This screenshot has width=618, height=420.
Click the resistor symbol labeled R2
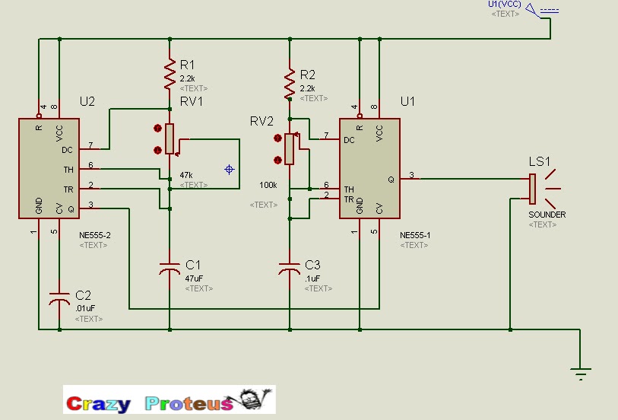click(290, 83)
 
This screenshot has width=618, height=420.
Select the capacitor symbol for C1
click(169, 268)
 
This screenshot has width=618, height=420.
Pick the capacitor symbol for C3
click(290, 269)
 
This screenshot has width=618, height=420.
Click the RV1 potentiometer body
click(170, 138)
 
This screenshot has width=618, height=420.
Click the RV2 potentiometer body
click(289, 149)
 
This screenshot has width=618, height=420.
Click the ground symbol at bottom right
click(580, 372)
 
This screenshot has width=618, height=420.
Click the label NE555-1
click(415, 235)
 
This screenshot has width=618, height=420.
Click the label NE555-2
click(95, 235)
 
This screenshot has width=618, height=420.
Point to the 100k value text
click(268, 185)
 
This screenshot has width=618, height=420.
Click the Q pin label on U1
click(391, 180)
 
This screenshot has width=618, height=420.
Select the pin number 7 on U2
click(90, 145)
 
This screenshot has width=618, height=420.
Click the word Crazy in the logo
click(98, 403)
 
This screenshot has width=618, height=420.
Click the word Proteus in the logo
click(189, 403)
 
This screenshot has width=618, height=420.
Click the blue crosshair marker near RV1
click(230, 169)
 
